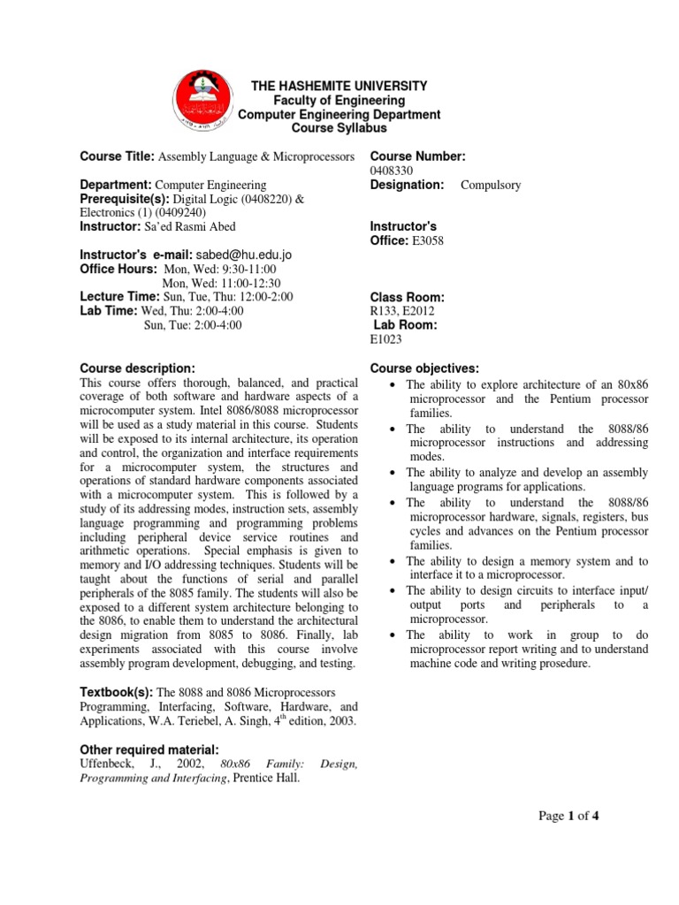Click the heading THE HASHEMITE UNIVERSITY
pos(339,87)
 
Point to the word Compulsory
pos(491,185)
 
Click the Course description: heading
pos(136,368)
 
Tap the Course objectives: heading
pos(423,368)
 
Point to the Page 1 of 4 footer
pos(568,816)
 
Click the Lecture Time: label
pos(119,297)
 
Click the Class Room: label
pos(407,297)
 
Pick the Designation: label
pos(406,185)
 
